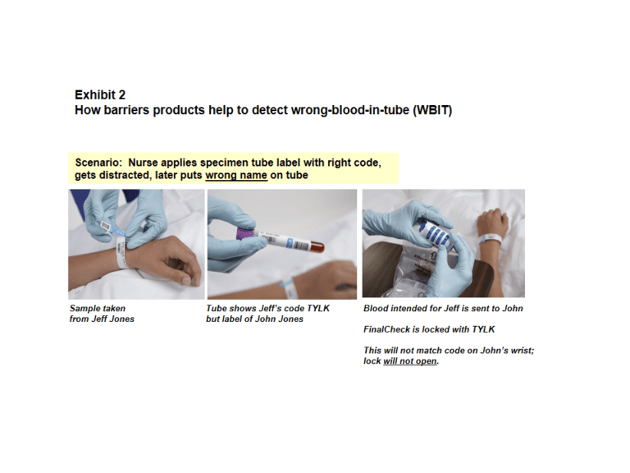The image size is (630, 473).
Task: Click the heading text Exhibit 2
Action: pyautogui.click(x=100, y=95)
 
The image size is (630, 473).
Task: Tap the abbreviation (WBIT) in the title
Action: pyautogui.click(x=432, y=110)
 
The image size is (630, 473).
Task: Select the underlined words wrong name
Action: pyautogui.click(x=236, y=176)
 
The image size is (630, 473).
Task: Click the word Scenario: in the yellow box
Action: pyautogui.click(x=98, y=163)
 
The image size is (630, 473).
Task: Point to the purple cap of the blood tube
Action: pyautogui.click(x=244, y=234)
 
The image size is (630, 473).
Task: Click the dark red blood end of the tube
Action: pyautogui.click(x=317, y=246)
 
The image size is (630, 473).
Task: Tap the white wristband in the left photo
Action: pyautogui.click(x=121, y=254)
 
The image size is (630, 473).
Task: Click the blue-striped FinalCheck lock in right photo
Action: pyautogui.click(x=435, y=233)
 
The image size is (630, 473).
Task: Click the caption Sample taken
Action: pyautogui.click(x=98, y=309)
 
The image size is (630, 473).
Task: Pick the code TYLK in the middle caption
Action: pyautogui.click(x=318, y=309)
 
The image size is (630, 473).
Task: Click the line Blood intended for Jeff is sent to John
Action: pyautogui.click(x=443, y=309)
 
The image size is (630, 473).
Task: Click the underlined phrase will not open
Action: pyautogui.click(x=410, y=361)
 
